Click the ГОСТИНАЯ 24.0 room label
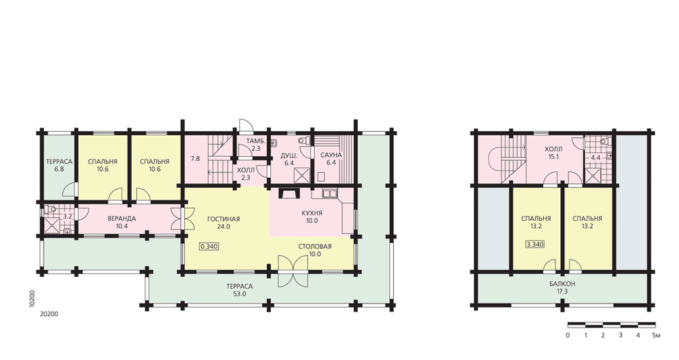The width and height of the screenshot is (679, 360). (x=223, y=223)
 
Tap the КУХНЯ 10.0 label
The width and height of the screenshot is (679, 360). (x=312, y=217)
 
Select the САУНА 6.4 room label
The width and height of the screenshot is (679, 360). (x=331, y=158)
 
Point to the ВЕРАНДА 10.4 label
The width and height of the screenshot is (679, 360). (x=122, y=222)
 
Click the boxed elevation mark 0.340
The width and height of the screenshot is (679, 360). (x=208, y=247)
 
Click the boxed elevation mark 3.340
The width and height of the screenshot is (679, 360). (x=535, y=245)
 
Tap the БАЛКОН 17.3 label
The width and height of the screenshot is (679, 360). (x=562, y=287)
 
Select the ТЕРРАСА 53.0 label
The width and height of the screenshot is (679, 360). (x=239, y=290)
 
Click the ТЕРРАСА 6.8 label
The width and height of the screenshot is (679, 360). (x=59, y=166)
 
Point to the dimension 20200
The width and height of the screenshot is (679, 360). (x=49, y=314)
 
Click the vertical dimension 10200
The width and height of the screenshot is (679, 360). (x=32, y=299)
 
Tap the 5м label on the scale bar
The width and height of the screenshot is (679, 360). (x=656, y=336)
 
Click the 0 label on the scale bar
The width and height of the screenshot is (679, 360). (x=568, y=336)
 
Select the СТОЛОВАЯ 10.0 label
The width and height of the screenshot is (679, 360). (x=315, y=251)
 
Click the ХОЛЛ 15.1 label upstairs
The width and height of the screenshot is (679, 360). (x=553, y=153)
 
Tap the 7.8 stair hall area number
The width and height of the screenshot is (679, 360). (x=196, y=158)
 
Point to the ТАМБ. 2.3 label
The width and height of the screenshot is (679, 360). (x=256, y=145)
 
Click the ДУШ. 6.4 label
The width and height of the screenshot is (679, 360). (x=289, y=160)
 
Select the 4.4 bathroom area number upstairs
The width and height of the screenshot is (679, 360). (x=595, y=158)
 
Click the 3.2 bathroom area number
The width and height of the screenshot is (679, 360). (x=67, y=216)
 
